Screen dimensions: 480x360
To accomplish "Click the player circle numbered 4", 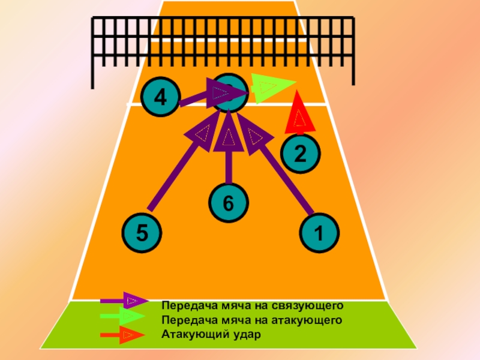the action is (x=160, y=97).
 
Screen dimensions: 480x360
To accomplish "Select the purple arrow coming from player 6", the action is (x=229, y=156).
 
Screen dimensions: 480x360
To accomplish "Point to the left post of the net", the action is (x=94, y=54).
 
